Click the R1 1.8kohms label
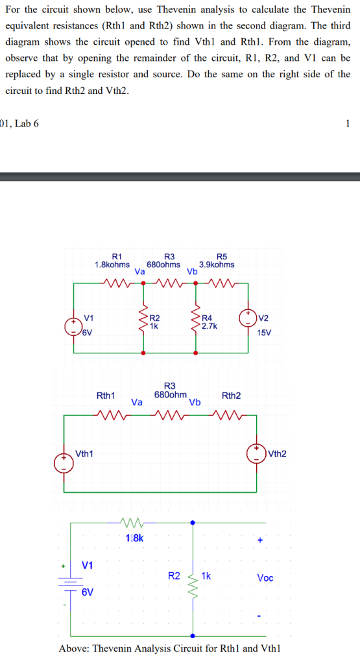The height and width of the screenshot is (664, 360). pyautogui.click(x=112, y=261)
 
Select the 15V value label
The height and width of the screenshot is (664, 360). pyautogui.click(x=264, y=331)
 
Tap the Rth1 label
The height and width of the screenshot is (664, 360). pyautogui.click(x=106, y=396)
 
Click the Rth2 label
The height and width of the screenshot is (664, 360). pyautogui.click(x=232, y=396)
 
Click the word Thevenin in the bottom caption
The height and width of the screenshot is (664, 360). pyautogui.click(x=115, y=649)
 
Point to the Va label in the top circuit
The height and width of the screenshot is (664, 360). pyautogui.click(x=139, y=272)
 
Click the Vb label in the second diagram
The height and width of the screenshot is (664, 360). pyautogui.click(x=194, y=403)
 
